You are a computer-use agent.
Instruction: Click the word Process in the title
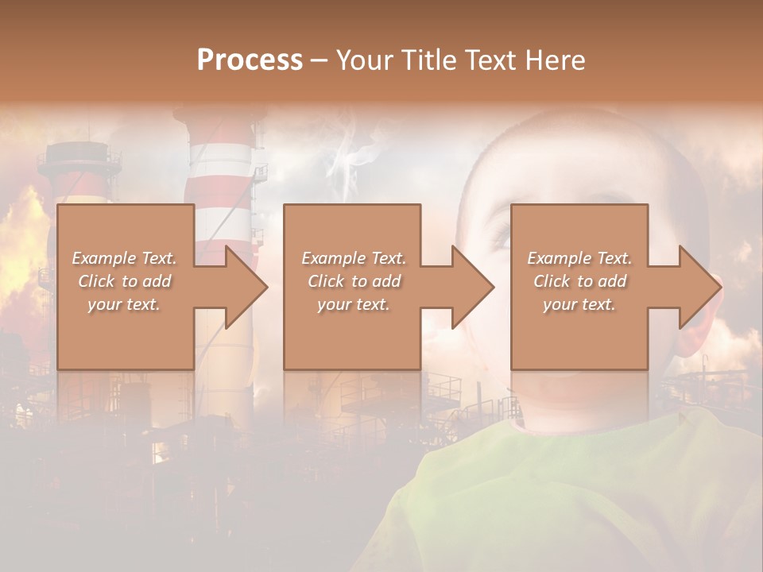250,60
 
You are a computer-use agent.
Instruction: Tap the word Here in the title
556,60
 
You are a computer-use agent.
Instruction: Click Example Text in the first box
124,258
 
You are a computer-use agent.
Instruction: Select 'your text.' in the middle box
353,304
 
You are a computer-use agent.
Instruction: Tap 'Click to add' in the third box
579,281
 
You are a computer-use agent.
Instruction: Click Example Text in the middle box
353,258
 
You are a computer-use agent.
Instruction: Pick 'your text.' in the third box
579,304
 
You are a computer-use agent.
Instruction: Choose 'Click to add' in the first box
124,281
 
